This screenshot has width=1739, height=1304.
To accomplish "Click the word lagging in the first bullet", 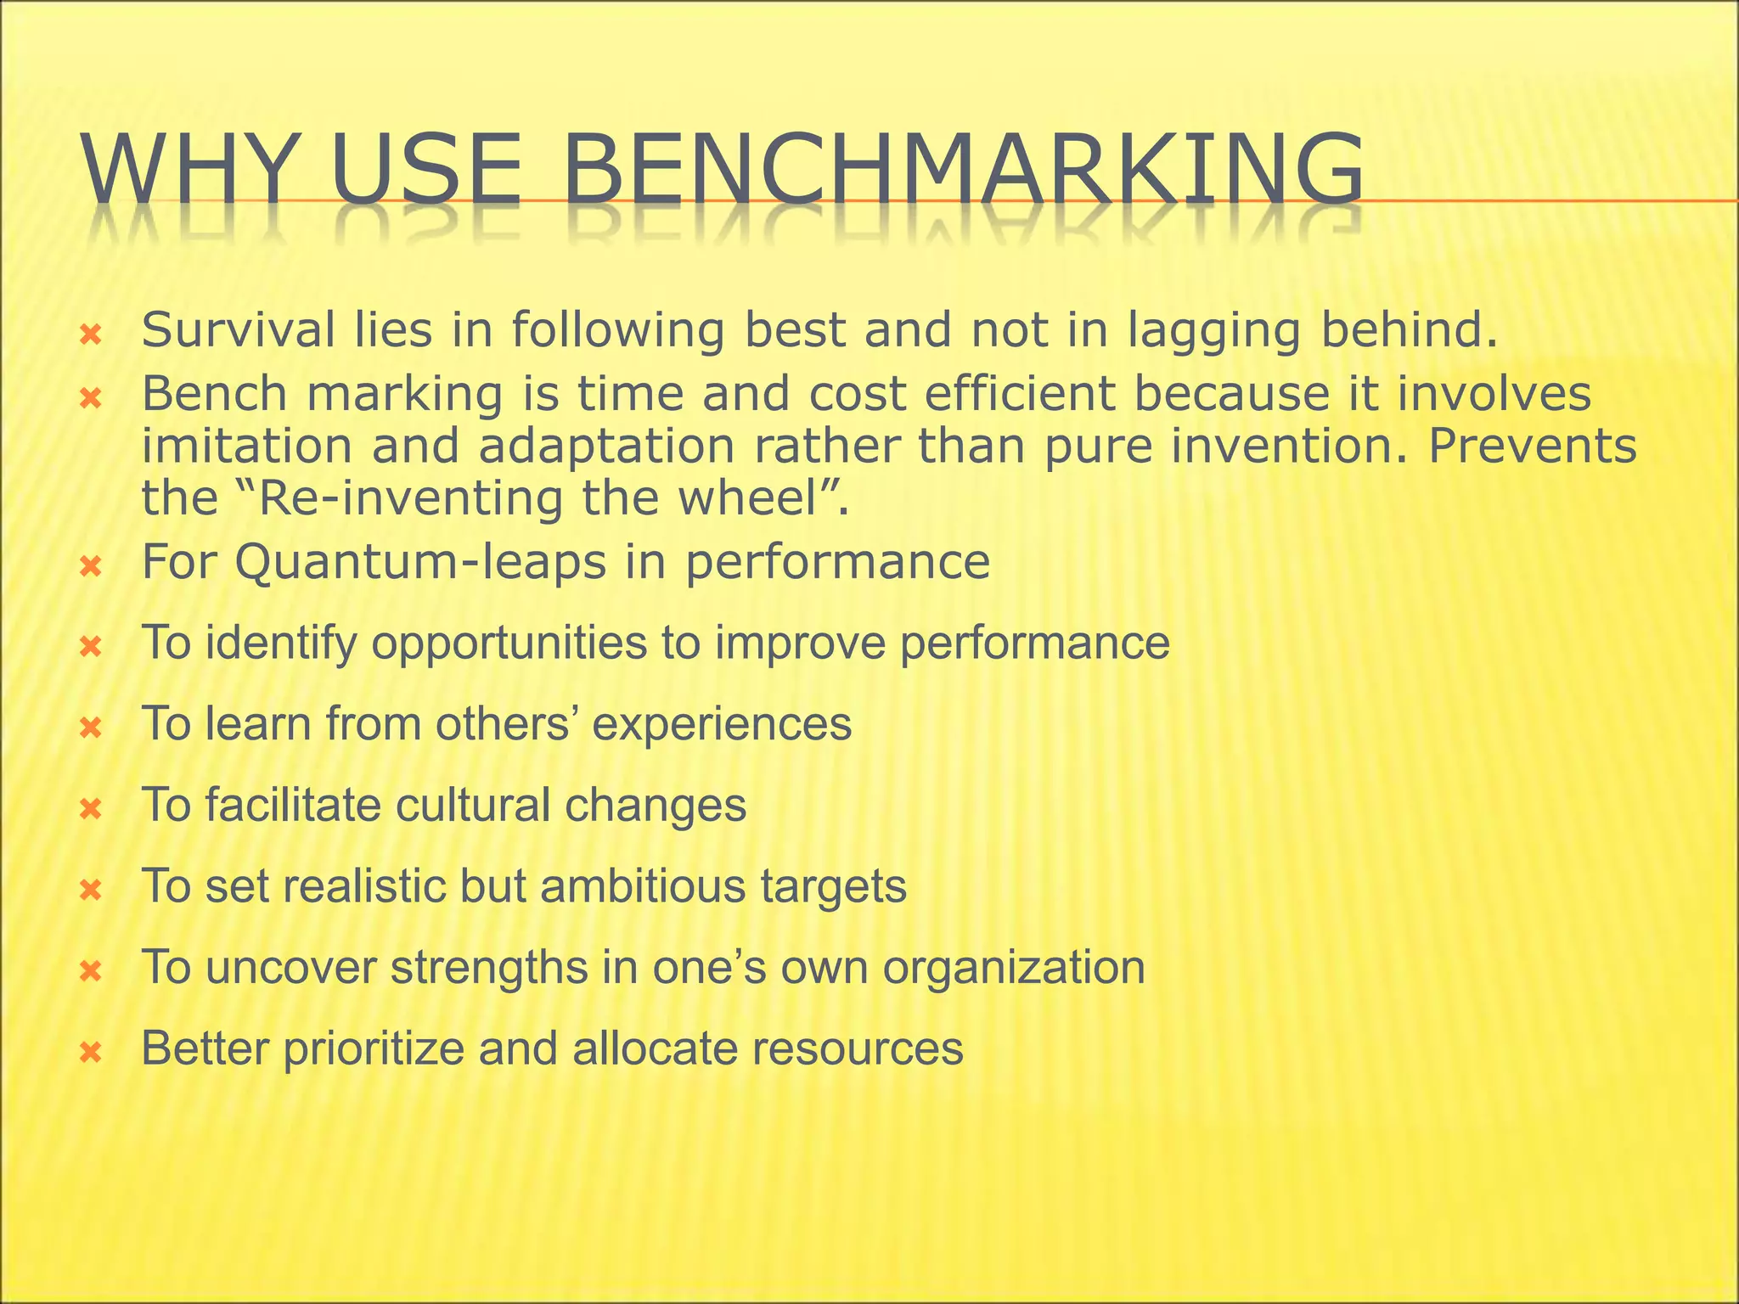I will tap(1214, 331).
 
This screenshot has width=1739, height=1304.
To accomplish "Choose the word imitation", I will tap(246, 446).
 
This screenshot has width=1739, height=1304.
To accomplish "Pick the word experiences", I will tap(721, 724).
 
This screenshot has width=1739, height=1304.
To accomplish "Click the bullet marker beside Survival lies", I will tap(90, 336).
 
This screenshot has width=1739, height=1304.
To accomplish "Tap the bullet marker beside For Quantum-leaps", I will tap(90, 567).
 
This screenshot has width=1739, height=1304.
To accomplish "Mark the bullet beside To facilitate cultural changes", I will tap(90, 810).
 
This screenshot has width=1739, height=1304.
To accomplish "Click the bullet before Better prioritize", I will tap(90, 1054).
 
